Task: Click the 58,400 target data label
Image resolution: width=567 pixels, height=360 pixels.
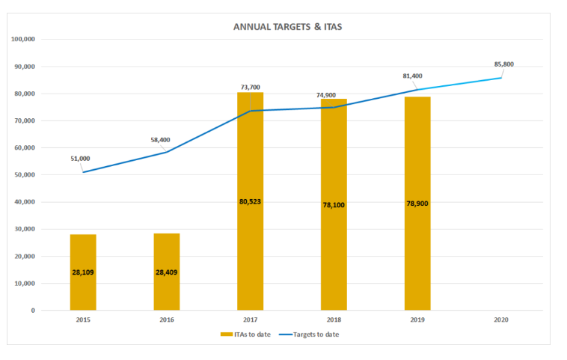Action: point(162,139)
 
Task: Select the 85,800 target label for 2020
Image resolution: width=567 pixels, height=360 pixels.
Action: point(504,64)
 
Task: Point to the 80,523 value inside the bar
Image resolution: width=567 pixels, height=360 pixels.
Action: point(251,201)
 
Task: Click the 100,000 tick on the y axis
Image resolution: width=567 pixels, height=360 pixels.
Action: point(26,39)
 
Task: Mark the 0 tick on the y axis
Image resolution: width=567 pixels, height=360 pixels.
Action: point(34,311)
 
